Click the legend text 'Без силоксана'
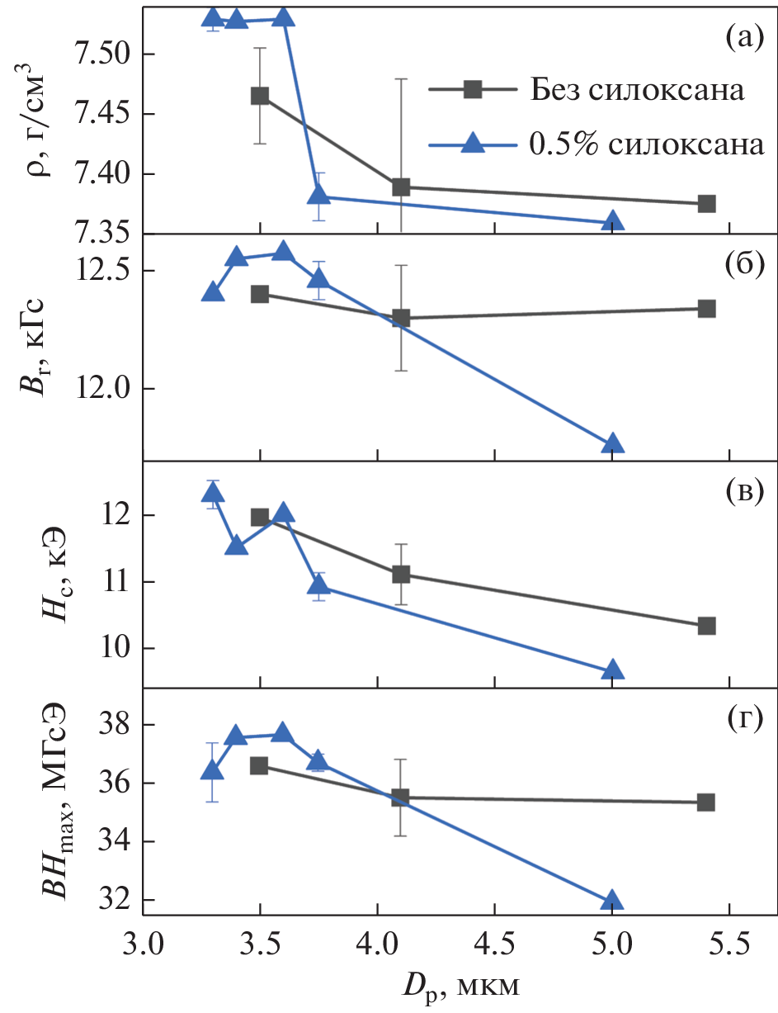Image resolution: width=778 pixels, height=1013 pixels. (638, 90)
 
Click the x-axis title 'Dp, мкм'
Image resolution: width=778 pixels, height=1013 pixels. (460, 985)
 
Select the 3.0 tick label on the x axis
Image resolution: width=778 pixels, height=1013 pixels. (144, 940)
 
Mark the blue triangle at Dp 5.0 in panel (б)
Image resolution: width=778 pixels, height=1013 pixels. (612, 444)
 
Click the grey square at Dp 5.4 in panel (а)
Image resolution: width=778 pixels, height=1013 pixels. (706, 204)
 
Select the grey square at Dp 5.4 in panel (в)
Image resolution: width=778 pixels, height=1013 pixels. (706, 626)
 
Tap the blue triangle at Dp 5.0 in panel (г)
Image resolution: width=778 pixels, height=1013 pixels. (612, 901)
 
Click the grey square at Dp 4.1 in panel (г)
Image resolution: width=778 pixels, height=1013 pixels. (401, 798)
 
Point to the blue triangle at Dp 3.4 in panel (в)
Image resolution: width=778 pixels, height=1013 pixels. (237, 545)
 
